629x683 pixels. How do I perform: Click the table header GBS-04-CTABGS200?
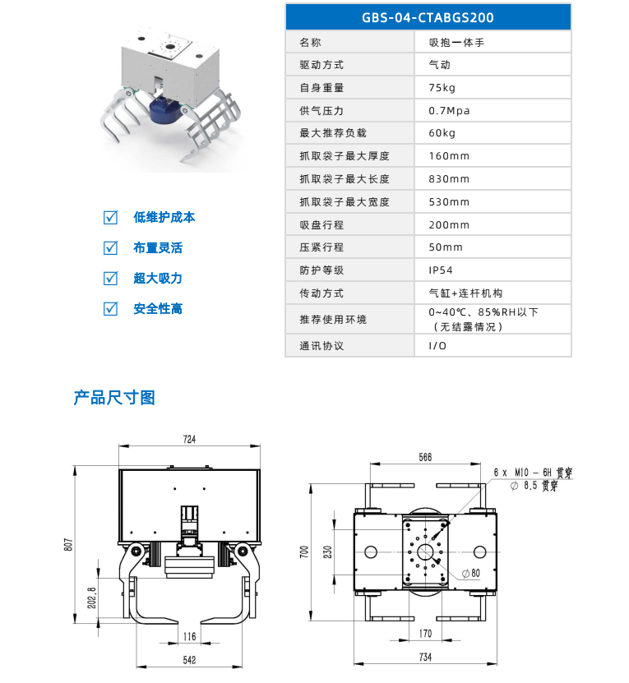tap(428, 16)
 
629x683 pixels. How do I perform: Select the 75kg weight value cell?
tap(442, 88)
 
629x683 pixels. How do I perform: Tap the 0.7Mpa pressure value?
tap(449, 111)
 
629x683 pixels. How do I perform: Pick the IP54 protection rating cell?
tap(441, 270)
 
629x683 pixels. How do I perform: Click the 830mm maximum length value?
tap(449, 179)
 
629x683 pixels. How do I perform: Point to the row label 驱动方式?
tap(321, 65)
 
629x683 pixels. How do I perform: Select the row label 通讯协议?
tap(321, 345)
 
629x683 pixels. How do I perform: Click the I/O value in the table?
tap(437, 345)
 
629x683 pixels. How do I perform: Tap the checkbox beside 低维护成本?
tap(110, 218)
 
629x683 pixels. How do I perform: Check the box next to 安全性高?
tap(110, 309)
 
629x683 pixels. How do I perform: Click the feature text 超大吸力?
tap(157, 279)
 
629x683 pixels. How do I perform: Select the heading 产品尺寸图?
tap(114, 398)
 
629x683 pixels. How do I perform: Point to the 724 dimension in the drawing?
tap(189, 441)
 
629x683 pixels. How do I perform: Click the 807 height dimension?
tap(69, 544)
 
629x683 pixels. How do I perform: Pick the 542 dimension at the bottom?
tap(189, 660)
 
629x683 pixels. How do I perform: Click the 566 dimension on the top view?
tap(425, 457)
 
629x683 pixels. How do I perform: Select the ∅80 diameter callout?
tap(470, 572)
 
